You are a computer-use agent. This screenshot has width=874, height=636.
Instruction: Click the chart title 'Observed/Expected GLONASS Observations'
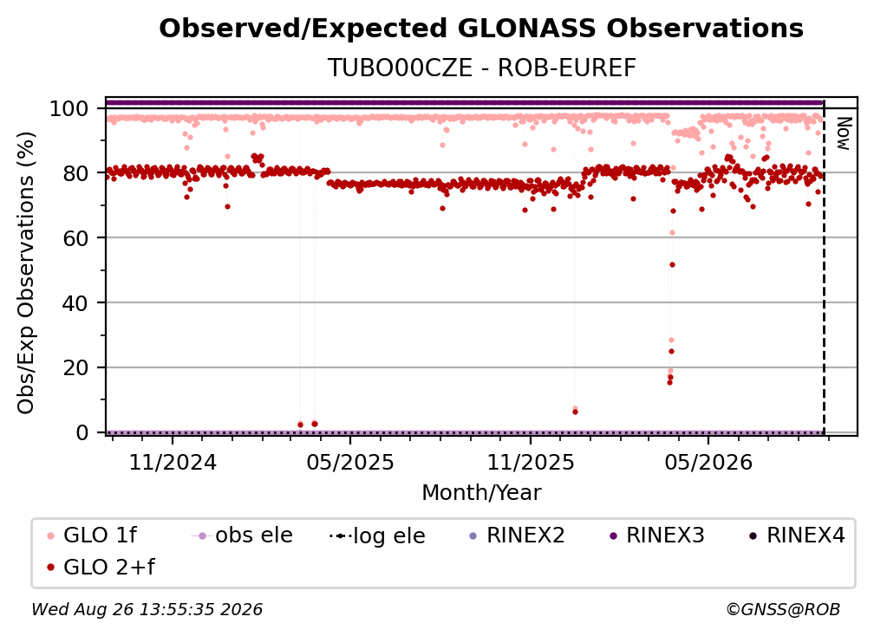[481, 29]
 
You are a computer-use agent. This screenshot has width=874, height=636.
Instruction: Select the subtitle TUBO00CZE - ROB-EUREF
[481, 68]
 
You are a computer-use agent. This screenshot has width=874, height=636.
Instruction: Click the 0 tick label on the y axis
[82, 432]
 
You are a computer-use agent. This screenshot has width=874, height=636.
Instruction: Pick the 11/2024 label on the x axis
[173, 463]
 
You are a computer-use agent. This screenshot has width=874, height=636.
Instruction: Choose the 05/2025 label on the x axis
[350, 463]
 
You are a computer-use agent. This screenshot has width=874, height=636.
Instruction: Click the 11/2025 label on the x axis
[531, 463]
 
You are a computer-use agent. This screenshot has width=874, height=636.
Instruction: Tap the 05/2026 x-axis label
[708, 463]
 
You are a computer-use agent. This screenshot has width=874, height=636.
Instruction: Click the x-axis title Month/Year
[481, 493]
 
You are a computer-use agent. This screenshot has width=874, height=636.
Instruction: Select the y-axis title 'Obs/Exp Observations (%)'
[26, 273]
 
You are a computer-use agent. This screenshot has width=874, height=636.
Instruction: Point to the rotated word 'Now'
[844, 133]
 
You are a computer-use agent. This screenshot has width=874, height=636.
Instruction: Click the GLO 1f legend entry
[92, 535]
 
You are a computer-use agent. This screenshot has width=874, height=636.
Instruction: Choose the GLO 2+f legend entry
[101, 568]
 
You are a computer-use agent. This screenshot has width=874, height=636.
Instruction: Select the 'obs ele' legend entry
[242, 535]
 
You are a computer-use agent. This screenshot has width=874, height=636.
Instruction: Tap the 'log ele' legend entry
[377, 535]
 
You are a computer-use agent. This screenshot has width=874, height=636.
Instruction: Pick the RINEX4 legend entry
[797, 535]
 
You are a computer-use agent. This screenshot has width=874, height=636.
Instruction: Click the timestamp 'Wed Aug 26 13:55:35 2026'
[147, 610]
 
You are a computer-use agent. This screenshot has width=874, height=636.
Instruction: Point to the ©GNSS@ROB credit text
[783, 610]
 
